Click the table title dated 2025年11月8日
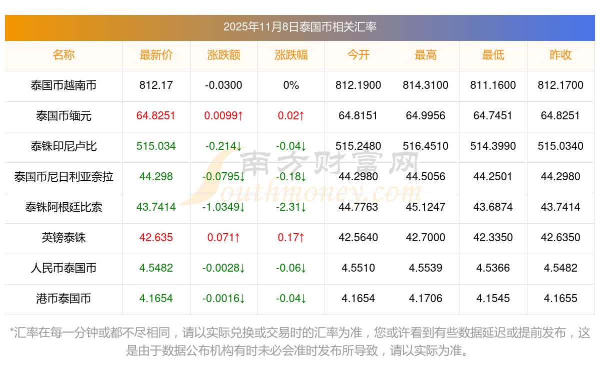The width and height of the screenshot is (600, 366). tap(299, 27)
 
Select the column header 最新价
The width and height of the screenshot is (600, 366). tap(156, 55)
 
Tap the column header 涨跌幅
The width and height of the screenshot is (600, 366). tap(291, 55)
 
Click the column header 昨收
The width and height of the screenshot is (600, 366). tap(560, 55)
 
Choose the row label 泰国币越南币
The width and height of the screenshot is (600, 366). tap(63, 85)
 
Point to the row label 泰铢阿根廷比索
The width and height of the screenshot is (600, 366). tap(63, 207)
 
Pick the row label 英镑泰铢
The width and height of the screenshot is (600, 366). tap(63, 238)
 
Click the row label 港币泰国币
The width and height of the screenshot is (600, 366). tap(63, 299)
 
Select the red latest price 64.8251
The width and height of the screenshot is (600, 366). tap(156, 116)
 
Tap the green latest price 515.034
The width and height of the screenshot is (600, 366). tap(156, 146)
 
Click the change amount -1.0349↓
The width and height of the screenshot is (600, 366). tap(223, 207)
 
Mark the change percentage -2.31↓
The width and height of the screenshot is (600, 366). tap(291, 207)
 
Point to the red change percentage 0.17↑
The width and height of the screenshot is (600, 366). tap(291, 238)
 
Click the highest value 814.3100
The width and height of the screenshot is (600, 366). tap(425, 85)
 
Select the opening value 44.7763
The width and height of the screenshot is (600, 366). tap(358, 207)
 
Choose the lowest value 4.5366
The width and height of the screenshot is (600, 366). tap(493, 268)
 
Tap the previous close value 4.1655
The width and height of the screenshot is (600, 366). tap(560, 299)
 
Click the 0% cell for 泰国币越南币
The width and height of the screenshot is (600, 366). tap(291, 85)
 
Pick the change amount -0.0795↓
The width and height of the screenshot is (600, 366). tap(223, 177)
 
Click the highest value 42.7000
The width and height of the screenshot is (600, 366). tap(425, 238)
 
